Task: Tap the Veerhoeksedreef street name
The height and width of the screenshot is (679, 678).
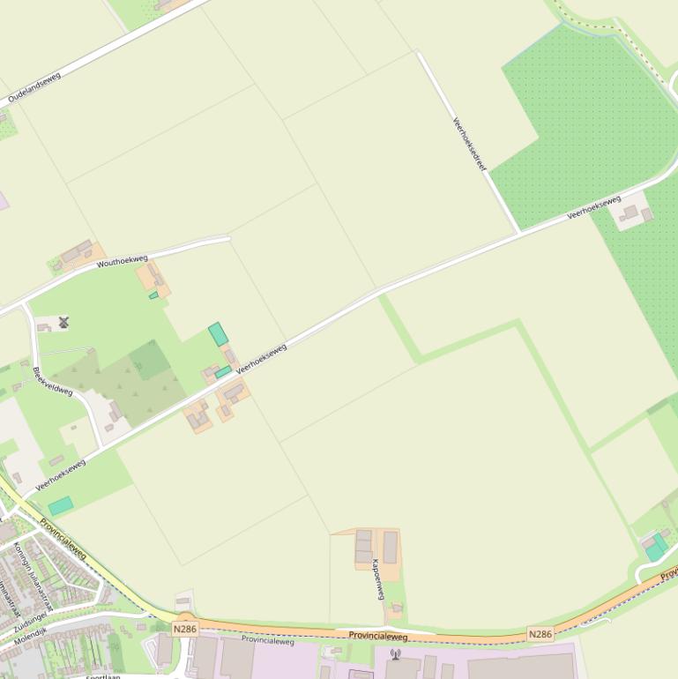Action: point(470,144)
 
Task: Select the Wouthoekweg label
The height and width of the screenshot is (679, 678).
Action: point(123,261)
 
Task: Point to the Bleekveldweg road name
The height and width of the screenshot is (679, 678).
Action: point(52,381)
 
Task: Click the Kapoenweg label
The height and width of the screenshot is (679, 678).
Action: point(377,579)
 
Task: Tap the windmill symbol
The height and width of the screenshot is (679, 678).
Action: point(63,323)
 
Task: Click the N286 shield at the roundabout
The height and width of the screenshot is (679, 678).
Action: point(184,629)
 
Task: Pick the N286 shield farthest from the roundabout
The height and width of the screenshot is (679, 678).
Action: point(540,634)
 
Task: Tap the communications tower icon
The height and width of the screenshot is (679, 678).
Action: point(395,654)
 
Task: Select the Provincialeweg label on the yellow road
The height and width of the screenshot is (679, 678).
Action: point(63,539)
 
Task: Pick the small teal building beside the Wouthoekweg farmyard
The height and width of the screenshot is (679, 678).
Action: point(153,295)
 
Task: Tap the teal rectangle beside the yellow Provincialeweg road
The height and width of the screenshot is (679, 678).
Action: point(61,505)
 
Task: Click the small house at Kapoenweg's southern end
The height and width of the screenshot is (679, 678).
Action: point(398,608)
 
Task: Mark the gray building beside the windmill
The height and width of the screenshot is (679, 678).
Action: point(44,328)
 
